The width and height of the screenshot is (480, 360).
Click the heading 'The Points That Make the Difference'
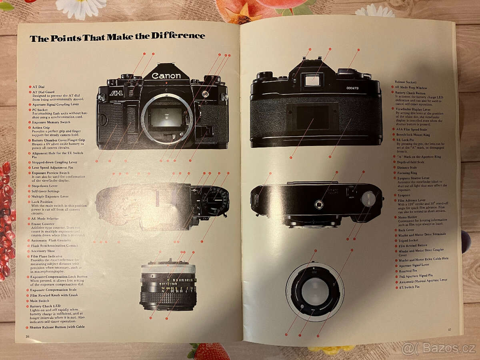tap(118, 37)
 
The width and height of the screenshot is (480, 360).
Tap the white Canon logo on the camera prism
tap(166, 76)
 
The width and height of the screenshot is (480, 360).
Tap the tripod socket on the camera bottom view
tap(319, 204)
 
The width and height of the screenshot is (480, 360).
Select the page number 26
tap(27, 337)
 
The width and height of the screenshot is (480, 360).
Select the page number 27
tap(450, 329)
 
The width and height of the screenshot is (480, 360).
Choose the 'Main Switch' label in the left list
tap(40, 301)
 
